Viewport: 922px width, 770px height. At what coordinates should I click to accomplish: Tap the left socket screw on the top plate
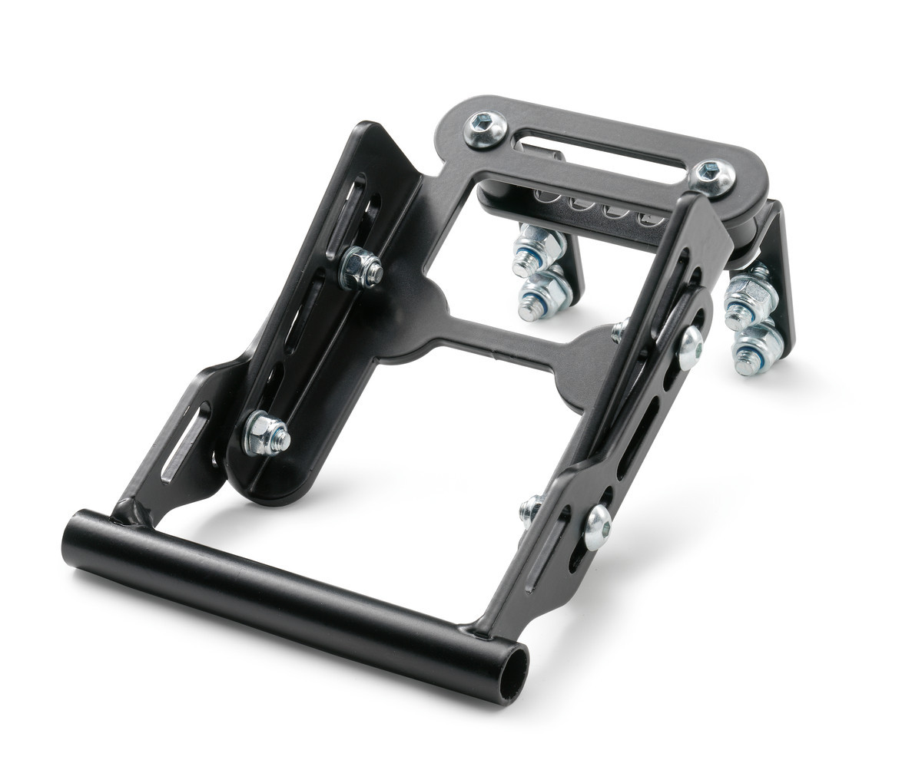click(x=486, y=127)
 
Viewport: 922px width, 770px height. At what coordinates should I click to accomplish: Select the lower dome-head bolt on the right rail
click(x=598, y=528)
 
